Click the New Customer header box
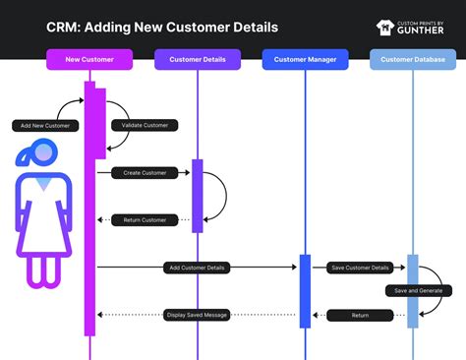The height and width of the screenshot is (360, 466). [x=89, y=60]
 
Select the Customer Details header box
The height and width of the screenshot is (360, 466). [x=198, y=60]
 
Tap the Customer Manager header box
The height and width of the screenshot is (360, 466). [x=306, y=60]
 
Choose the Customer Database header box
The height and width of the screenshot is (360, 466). [x=413, y=60]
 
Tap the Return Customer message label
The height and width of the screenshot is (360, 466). [x=145, y=220]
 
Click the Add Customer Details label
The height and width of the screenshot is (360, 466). [x=198, y=268]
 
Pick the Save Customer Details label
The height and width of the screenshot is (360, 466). [x=360, y=268]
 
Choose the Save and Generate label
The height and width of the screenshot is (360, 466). [x=418, y=291]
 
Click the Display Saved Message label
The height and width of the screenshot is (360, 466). [x=197, y=315]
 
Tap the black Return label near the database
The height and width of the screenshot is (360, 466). [x=360, y=315]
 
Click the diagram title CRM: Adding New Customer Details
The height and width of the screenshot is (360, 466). [x=162, y=27]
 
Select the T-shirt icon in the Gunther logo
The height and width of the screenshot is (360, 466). [x=385, y=28]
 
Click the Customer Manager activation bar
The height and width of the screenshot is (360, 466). [x=305, y=291]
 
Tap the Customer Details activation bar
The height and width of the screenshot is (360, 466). [x=198, y=196]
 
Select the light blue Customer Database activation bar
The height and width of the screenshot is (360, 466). [x=413, y=291]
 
